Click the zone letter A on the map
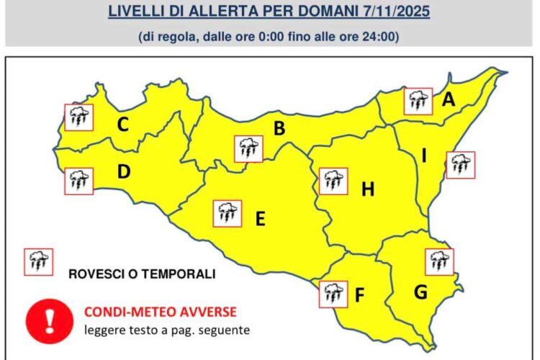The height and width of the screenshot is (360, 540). [x=449, y=100]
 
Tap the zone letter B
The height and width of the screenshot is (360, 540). [x=280, y=129]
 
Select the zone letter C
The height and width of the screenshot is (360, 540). [x=123, y=125]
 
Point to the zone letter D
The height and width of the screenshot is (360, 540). [x=124, y=172]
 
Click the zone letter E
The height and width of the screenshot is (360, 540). [x=261, y=217]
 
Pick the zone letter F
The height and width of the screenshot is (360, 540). [x=360, y=294]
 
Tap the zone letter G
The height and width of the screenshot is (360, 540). [x=422, y=292]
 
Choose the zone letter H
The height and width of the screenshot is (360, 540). [x=368, y=189]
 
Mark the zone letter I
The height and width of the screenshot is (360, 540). [x=425, y=156]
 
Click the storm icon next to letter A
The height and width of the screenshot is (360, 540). [x=418, y=102]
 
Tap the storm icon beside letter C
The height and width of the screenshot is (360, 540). [x=78, y=117]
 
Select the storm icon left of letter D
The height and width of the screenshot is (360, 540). [x=78, y=181]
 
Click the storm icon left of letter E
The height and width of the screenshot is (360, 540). [x=228, y=213]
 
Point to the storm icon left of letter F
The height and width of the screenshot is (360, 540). [x=333, y=294]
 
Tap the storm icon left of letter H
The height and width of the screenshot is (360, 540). [x=333, y=181]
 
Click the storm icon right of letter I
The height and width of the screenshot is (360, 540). [x=460, y=164]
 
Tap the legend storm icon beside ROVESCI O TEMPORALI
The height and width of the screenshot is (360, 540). [x=38, y=262]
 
